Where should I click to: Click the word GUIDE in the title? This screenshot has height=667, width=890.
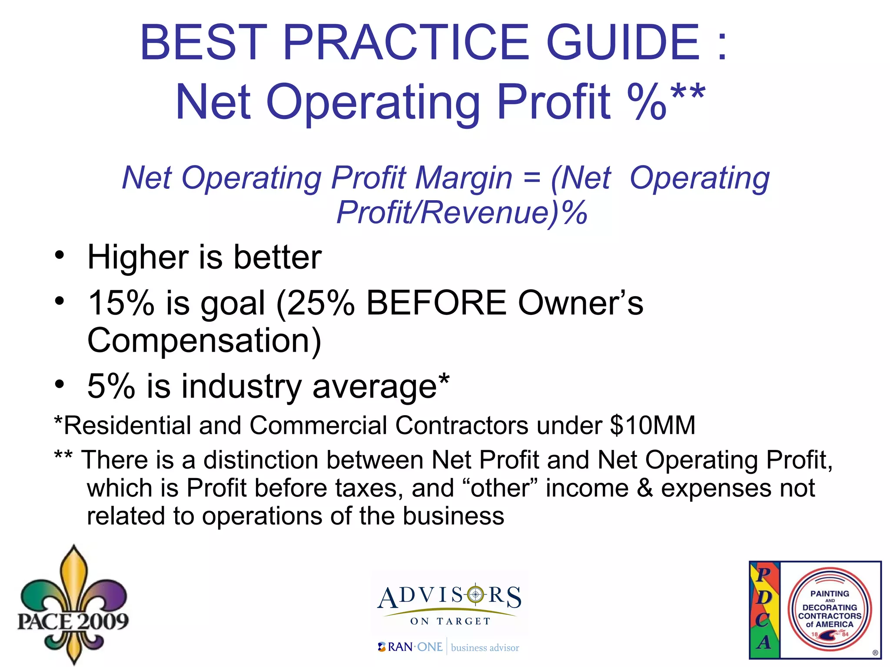[x=622, y=42]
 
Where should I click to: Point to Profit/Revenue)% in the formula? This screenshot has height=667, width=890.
[x=462, y=212]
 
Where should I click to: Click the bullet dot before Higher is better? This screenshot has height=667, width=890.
[x=60, y=254]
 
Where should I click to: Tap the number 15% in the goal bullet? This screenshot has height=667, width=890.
[x=121, y=303]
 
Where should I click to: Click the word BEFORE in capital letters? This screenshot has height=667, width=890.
[x=436, y=303]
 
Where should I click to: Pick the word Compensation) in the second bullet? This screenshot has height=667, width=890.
[x=204, y=340]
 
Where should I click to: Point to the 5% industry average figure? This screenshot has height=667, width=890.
[x=111, y=386]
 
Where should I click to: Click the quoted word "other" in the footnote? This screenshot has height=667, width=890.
[x=500, y=488]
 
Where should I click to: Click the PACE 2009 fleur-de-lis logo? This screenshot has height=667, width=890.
[x=73, y=606]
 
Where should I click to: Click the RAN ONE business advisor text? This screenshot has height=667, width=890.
[x=449, y=647]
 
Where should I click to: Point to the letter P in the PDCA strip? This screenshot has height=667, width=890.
[x=764, y=574]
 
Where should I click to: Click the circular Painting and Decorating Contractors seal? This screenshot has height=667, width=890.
[x=830, y=610]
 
